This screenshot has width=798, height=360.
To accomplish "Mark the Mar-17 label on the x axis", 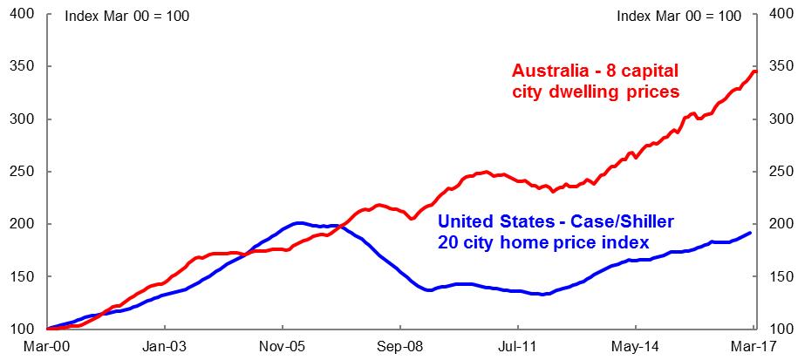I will click(x=742, y=345).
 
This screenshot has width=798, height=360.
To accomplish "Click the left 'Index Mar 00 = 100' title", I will click(x=127, y=15).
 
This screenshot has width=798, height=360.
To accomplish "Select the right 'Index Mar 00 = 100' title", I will click(x=679, y=15).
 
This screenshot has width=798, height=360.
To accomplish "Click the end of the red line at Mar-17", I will click(x=755, y=71).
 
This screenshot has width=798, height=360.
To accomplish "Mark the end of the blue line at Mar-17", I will click(x=751, y=233).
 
